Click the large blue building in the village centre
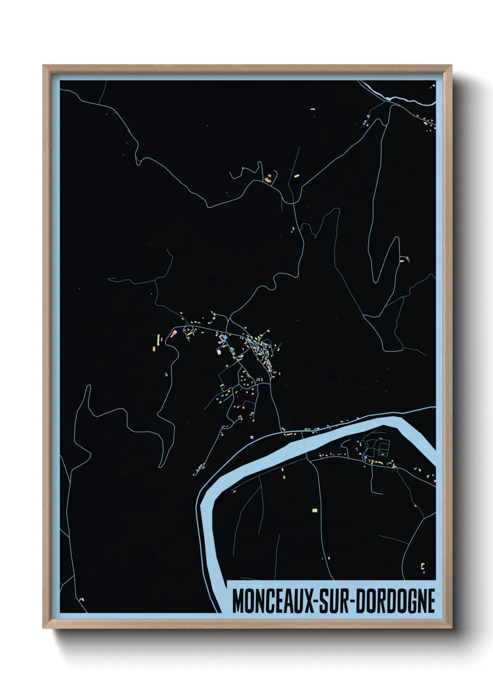point(224,337)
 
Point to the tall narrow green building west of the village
point(158,338)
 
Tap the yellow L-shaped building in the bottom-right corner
point(423,566)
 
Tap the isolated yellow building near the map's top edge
point(313,109)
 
